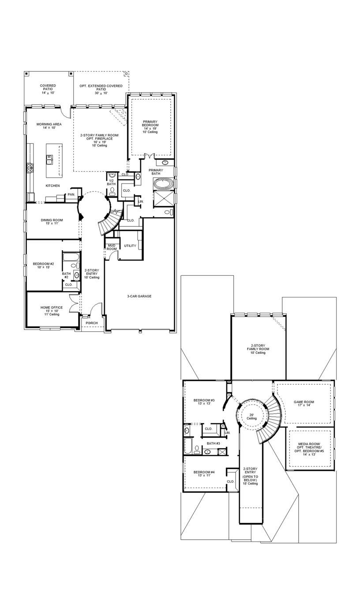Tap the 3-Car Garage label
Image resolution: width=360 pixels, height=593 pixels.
(139, 296)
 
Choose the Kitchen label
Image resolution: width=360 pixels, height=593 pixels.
(52, 186)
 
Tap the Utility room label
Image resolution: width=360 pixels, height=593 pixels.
(130, 246)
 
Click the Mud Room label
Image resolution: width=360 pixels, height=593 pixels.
(112, 247)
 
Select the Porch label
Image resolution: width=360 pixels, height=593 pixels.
(92, 323)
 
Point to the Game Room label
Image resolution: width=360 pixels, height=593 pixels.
(304, 404)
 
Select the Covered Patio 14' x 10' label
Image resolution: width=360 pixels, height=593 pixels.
(48, 89)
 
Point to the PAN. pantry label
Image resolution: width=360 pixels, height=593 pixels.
(71, 195)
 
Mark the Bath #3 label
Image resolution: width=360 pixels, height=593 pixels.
(214, 443)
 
